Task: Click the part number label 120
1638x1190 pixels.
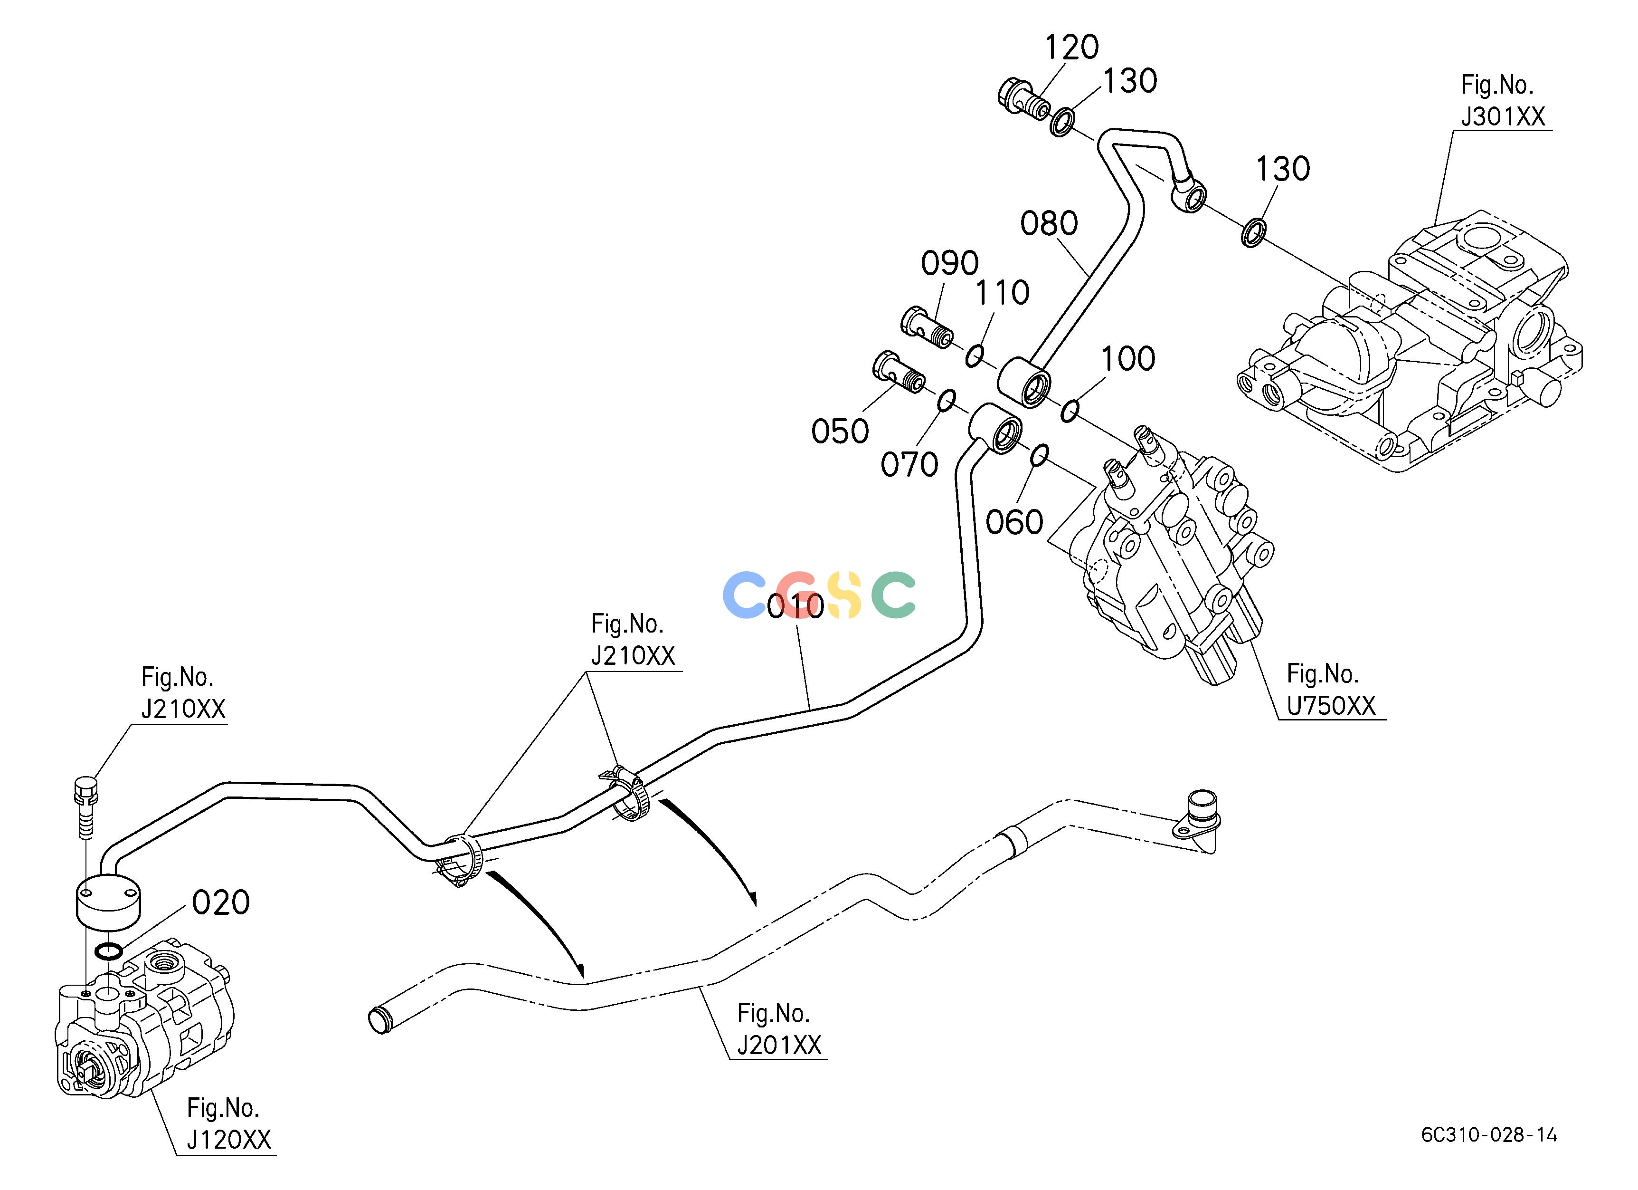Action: pos(1072,48)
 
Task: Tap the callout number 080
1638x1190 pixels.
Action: pos(1049,223)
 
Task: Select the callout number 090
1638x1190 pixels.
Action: pos(950,264)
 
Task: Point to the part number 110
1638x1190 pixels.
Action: pos(1003,293)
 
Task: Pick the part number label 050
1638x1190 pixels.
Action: pos(840,432)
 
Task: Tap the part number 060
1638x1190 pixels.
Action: pos(1015,522)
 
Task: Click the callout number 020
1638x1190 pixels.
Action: pos(221,902)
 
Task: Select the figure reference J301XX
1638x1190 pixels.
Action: pos(1503,116)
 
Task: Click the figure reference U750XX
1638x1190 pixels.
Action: pos(1331,705)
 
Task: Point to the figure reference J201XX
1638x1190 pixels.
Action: pos(779,1045)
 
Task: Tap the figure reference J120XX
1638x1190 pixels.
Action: pos(229,1140)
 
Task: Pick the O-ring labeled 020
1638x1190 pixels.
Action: pos(108,951)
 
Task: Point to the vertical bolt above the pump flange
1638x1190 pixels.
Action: pos(85,807)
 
